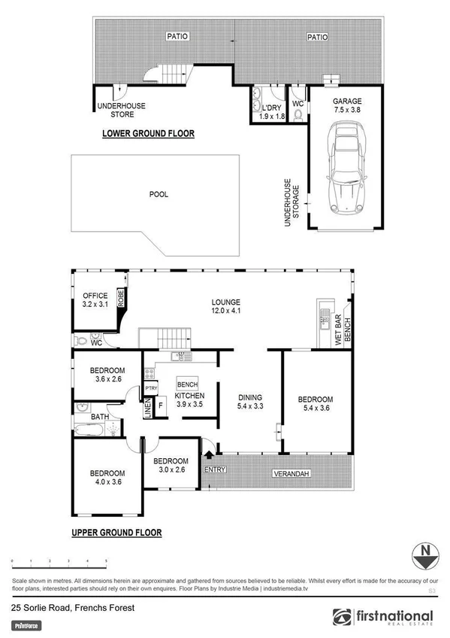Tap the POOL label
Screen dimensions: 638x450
tap(159, 194)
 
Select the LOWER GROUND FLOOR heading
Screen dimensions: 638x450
tap(148, 134)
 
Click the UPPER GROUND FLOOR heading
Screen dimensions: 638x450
tap(116, 533)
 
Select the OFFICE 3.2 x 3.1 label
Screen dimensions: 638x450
tap(95, 300)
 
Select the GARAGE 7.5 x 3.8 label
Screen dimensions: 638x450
tap(347, 105)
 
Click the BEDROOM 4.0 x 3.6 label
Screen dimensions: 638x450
tap(105, 478)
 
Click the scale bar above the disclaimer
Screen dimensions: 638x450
tap(59, 561)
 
